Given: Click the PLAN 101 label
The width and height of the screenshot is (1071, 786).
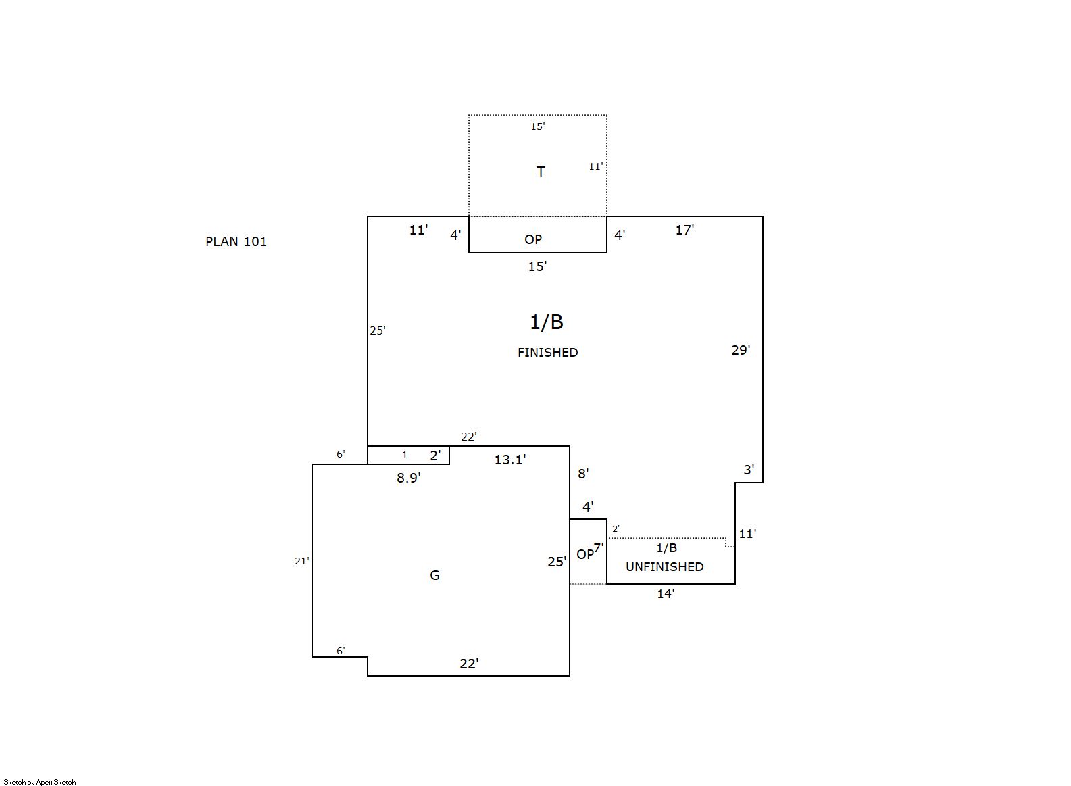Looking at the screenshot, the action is point(236,241).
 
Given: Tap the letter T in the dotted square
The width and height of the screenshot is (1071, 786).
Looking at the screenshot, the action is point(541,172).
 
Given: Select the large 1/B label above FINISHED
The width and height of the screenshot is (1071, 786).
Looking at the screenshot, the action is point(547,322).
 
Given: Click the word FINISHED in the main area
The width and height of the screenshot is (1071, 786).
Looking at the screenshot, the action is point(547,352).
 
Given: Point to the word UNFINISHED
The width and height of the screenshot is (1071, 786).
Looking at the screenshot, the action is point(664,566).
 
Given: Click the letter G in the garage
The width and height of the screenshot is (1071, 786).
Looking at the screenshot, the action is point(434,574).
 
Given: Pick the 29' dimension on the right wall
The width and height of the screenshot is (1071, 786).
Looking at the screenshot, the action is point(741,350).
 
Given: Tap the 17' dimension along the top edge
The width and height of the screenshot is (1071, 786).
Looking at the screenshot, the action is point(684,230).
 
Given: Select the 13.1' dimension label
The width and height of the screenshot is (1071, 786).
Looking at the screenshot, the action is point(509,460).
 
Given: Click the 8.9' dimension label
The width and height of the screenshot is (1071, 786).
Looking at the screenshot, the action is point(408,478).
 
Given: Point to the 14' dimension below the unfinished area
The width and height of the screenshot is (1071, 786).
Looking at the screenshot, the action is point(666,594).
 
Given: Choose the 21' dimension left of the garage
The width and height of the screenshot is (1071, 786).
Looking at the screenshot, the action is point(301,561).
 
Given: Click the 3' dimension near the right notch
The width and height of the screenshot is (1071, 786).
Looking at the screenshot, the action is point(749,470).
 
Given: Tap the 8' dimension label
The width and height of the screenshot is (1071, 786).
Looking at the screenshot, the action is point(583,473).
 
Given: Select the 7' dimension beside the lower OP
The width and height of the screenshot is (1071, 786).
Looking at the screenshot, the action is point(599,548).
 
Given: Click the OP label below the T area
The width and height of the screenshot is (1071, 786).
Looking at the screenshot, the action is point(533,239).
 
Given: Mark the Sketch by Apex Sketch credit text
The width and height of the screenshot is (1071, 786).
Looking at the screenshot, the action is point(40,782).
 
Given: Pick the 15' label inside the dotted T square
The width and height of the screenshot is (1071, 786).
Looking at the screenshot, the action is point(538,126).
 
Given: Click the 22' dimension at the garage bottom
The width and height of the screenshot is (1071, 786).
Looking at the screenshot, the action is point(469,664).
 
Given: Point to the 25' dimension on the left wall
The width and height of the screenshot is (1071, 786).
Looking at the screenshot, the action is point(378,330).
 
